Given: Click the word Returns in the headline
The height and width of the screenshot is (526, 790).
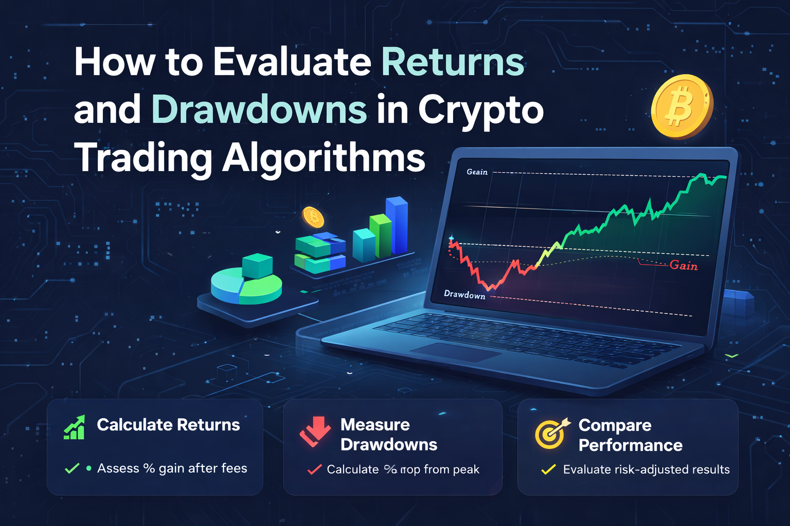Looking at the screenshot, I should coord(453,63).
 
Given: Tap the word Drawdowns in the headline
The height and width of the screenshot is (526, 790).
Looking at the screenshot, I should coord(259,110).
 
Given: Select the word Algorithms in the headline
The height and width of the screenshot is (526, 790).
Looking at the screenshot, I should coord(324,158).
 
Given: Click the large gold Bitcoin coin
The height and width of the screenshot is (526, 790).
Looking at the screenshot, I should coord(681,106).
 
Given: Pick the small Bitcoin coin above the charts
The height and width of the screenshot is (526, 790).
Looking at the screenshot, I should coord(313,217).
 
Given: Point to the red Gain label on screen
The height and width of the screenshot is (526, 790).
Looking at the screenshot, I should coord(684,266).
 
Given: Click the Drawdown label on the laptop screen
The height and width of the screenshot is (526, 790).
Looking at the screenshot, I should coord(464,294).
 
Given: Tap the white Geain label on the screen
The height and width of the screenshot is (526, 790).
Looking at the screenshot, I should coord(477,172).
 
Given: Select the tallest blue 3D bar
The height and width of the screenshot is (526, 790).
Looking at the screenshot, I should coord(397,226).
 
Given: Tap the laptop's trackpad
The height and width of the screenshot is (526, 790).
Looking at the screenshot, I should coord(456,352).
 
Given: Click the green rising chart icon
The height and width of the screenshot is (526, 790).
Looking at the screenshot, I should coord(74,427).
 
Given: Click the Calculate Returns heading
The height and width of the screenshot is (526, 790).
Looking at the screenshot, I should coord(168,425).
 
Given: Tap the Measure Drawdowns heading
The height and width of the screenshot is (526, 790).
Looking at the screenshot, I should coord(388,435).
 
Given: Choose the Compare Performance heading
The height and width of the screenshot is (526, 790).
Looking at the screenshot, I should coord(630,435).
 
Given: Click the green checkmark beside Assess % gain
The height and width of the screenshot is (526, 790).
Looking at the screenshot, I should coord(72,468).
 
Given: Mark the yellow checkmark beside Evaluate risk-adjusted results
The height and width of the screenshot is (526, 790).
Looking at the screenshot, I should coord(548,469).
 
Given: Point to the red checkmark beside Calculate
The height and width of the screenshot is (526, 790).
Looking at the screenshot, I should coord(314,469).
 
